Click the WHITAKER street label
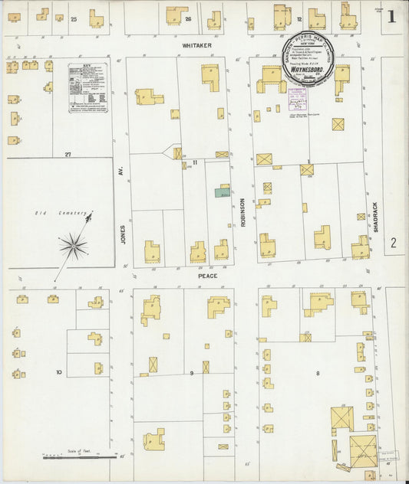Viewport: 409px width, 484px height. click(196, 45)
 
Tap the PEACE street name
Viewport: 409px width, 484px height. click(207, 276)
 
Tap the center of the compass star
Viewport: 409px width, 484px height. click(74, 245)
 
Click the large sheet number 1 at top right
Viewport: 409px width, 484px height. click(391, 16)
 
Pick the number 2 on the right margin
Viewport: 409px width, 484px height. click(393, 244)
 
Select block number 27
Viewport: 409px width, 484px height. click(68, 154)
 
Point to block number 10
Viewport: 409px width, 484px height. click(58, 373)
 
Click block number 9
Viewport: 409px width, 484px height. click(192, 373)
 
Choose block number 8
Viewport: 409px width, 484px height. click(317, 373)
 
